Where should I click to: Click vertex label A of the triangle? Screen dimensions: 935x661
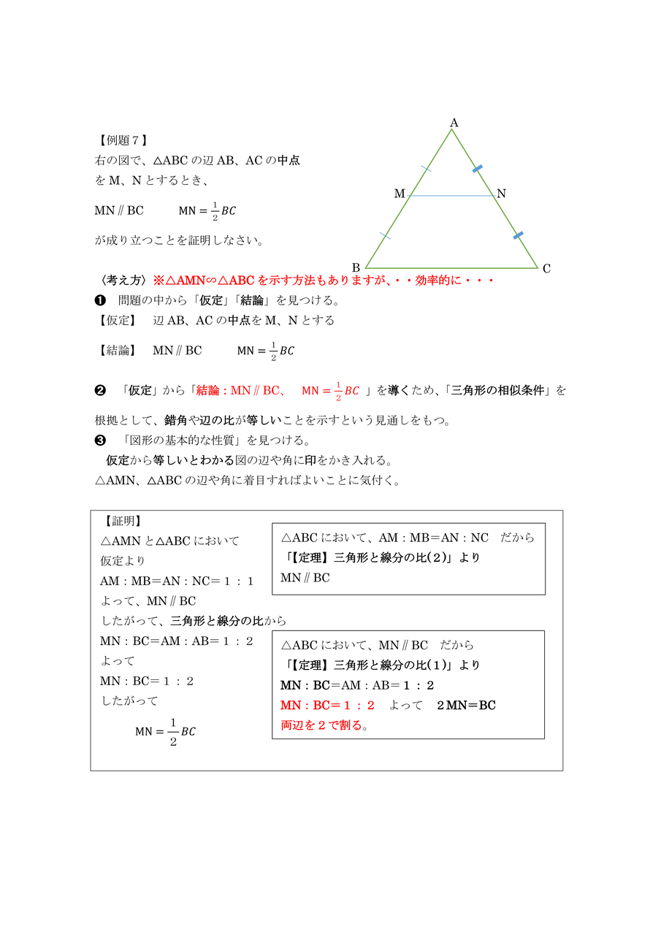(454, 123)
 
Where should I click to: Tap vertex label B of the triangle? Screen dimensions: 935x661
(356, 267)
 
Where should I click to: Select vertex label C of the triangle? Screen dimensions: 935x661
(546, 269)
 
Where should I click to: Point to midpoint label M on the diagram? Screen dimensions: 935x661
(400, 194)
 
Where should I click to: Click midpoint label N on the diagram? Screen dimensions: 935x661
(501, 194)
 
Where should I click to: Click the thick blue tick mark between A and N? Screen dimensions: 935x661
(477, 169)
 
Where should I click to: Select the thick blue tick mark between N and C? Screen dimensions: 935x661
(518, 235)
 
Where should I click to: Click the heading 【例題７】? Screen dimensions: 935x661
(123, 140)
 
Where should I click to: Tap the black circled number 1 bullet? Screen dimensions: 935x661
(101, 300)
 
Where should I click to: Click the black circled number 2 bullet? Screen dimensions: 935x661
(101, 391)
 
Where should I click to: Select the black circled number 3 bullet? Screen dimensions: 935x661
(101, 440)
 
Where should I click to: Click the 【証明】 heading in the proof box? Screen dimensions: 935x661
(123, 521)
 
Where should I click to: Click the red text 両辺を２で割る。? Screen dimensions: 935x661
(324, 725)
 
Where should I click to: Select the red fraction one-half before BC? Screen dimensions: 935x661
(338, 392)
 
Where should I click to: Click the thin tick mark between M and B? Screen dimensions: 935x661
(386, 236)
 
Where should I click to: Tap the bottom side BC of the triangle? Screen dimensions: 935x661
(451, 268)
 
